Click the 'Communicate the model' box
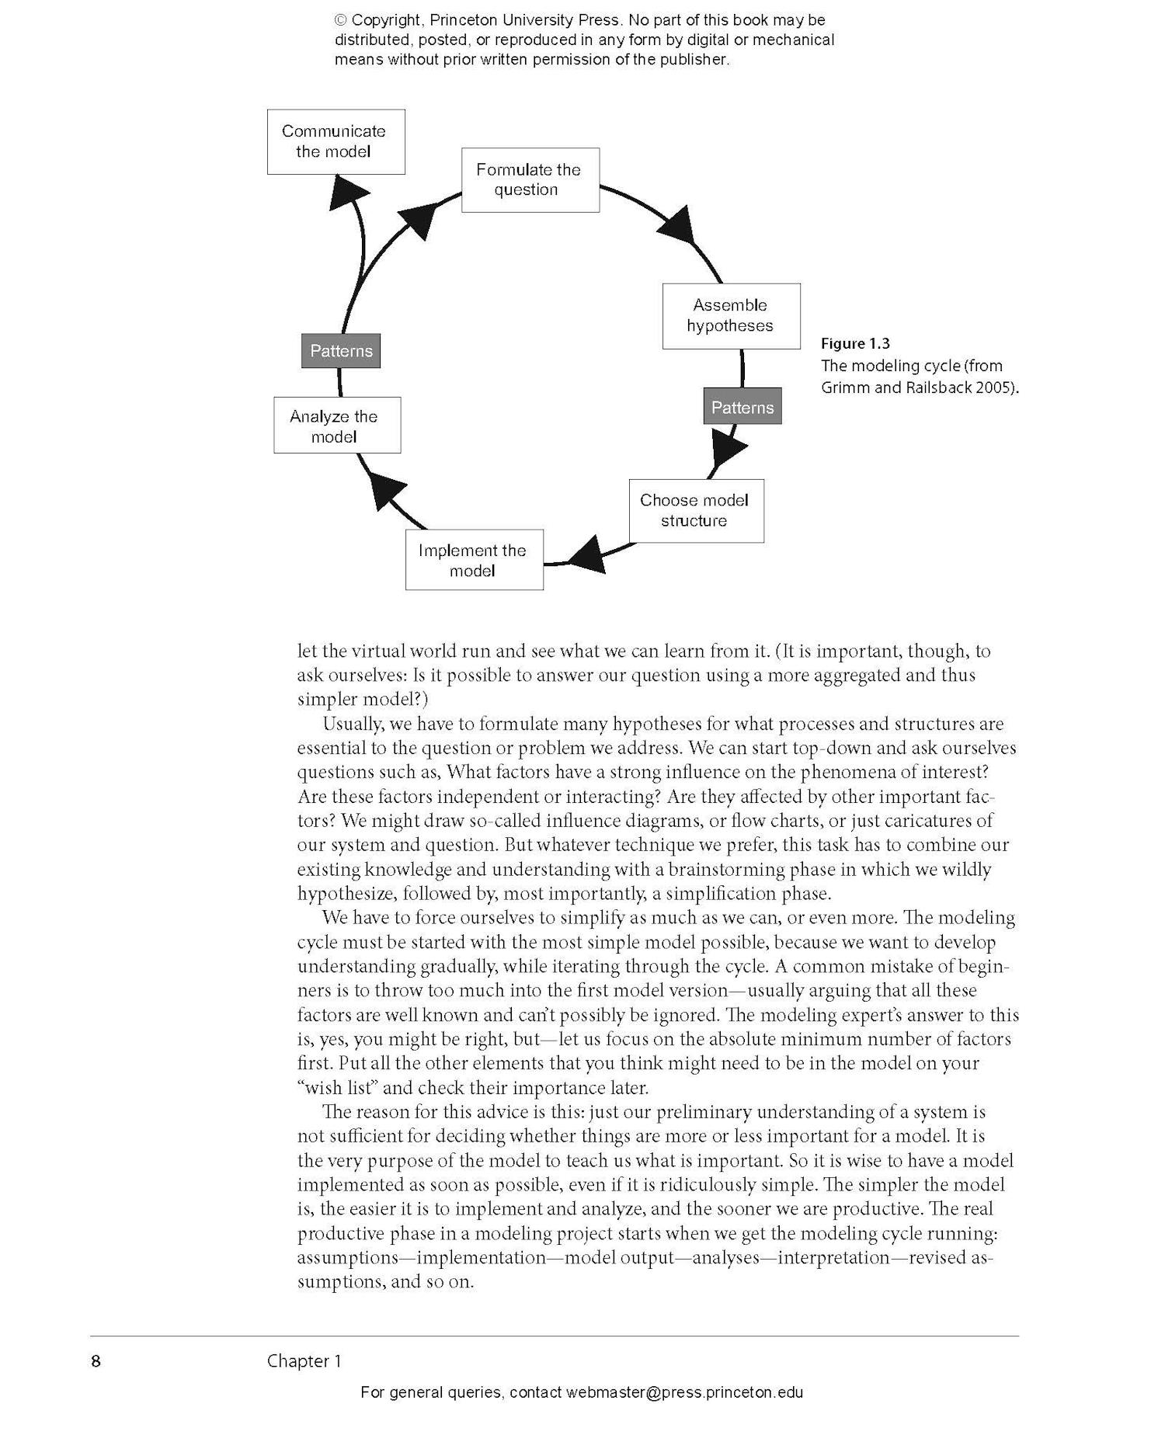pyautogui.click(x=336, y=141)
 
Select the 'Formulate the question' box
pyautogui.click(x=530, y=179)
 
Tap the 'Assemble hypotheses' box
pyautogui.click(x=731, y=316)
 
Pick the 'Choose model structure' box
pyautogui.click(x=695, y=510)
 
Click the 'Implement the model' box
pyautogui.click(x=474, y=560)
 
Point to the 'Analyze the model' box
pyautogui.click(x=336, y=426)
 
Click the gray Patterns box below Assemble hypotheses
pyautogui.click(x=742, y=408)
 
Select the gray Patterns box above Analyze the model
pyautogui.click(x=340, y=351)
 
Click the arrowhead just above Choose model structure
pyautogui.click(x=727, y=451)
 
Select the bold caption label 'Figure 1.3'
pyautogui.click(x=855, y=343)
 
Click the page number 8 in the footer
pyautogui.click(x=96, y=1360)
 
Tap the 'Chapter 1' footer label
pyautogui.click(x=304, y=1360)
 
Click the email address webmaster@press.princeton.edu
pyautogui.click(x=684, y=1392)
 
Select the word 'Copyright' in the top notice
pyautogui.click(x=387, y=20)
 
